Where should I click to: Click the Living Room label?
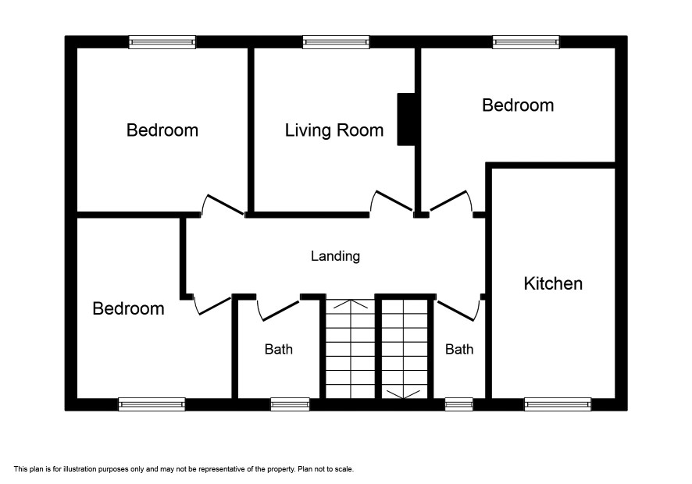point(334,130)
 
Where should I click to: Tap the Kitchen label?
point(553,283)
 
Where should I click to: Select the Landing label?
point(335,256)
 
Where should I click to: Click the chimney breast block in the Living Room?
point(406,119)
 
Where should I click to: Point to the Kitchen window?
point(558,404)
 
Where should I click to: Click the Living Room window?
point(336,42)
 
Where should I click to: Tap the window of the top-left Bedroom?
point(162,42)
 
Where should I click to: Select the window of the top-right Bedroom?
point(526,42)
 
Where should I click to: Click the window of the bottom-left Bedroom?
point(152,404)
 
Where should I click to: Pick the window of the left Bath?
point(290,404)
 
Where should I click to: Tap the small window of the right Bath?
point(459,404)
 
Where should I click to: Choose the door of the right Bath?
point(457,310)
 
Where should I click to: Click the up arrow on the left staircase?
point(351,304)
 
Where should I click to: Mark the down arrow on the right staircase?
point(403,394)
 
